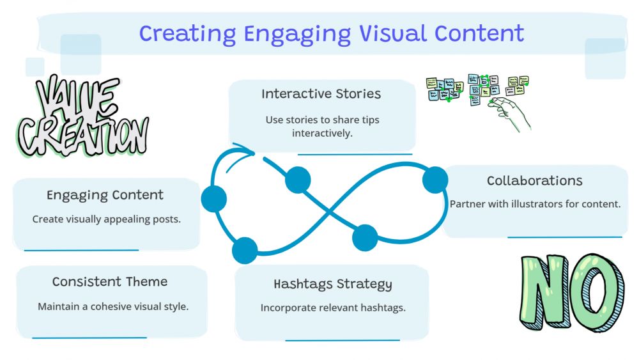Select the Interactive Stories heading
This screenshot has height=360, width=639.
[321, 94]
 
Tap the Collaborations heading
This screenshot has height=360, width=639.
[535, 181]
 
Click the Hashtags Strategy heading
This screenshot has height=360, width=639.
[333, 284]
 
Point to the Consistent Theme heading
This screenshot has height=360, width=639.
[110, 282]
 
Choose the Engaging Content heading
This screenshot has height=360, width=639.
[105, 195]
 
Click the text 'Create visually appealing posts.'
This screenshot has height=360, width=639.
[107, 219]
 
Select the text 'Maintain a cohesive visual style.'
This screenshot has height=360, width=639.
[113, 306]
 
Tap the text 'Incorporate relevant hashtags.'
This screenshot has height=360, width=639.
[333, 308]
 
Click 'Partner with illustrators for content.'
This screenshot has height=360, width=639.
[535, 205]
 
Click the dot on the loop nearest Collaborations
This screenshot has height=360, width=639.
[435, 180]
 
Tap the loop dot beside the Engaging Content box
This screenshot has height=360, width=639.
[214, 199]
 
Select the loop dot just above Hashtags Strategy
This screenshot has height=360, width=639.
[365, 237]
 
